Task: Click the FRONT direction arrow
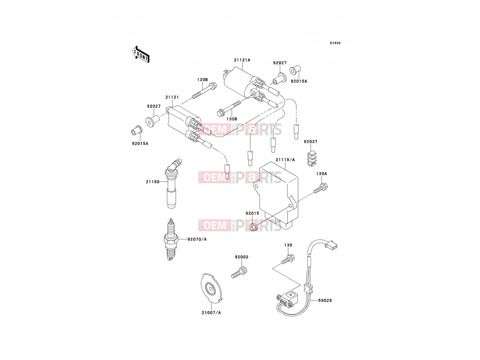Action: pyautogui.click(x=141, y=55)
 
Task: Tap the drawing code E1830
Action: pyautogui.click(x=335, y=43)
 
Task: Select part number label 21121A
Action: pyautogui.click(x=242, y=60)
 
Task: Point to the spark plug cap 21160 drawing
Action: pyautogui.click(x=172, y=184)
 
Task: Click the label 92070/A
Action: pyautogui.click(x=197, y=239)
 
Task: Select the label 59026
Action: pyautogui.click(x=325, y=301)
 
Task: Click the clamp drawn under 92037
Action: pyautogui.click(x=311, y=158)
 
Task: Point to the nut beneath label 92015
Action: pyautogui.click(x=253, y=227)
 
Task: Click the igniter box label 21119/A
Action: pyautogui.click(x=285, y=160)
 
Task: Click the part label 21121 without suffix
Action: pyautogui.click(x=172, y=97)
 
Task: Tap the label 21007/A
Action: pyautogui.click(x=211, y=313)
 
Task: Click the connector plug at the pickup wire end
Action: pyautogui.click(x=331, y=245)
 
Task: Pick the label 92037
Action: pyautogui.click(x=310, y=142)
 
